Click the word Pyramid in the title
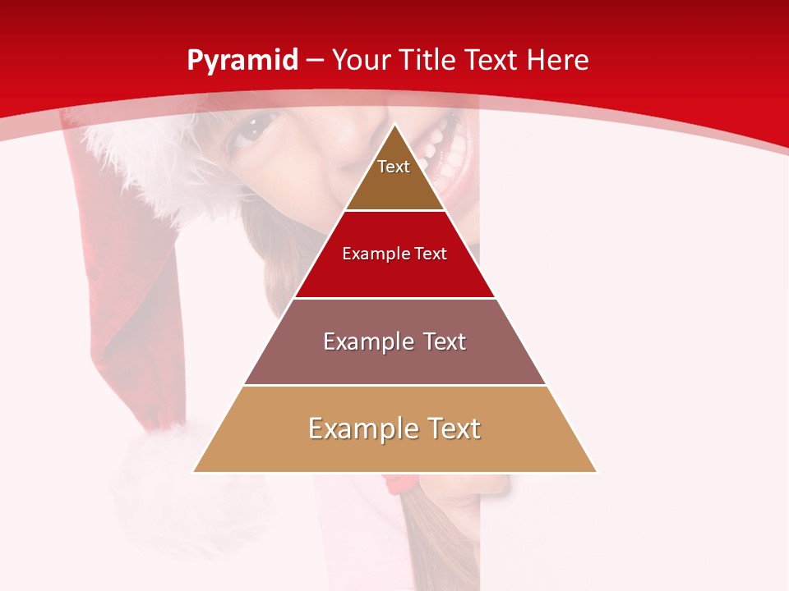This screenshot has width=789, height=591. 242,60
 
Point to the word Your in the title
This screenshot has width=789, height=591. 362,60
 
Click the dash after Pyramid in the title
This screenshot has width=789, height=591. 315,61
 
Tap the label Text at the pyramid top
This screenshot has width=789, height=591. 394,167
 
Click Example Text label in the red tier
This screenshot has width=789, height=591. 394,254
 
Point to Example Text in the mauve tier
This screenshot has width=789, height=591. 394,341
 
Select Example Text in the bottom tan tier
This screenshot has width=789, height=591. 394,428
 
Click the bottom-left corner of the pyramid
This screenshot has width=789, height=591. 195,471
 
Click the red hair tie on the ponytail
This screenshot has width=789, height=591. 400,482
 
